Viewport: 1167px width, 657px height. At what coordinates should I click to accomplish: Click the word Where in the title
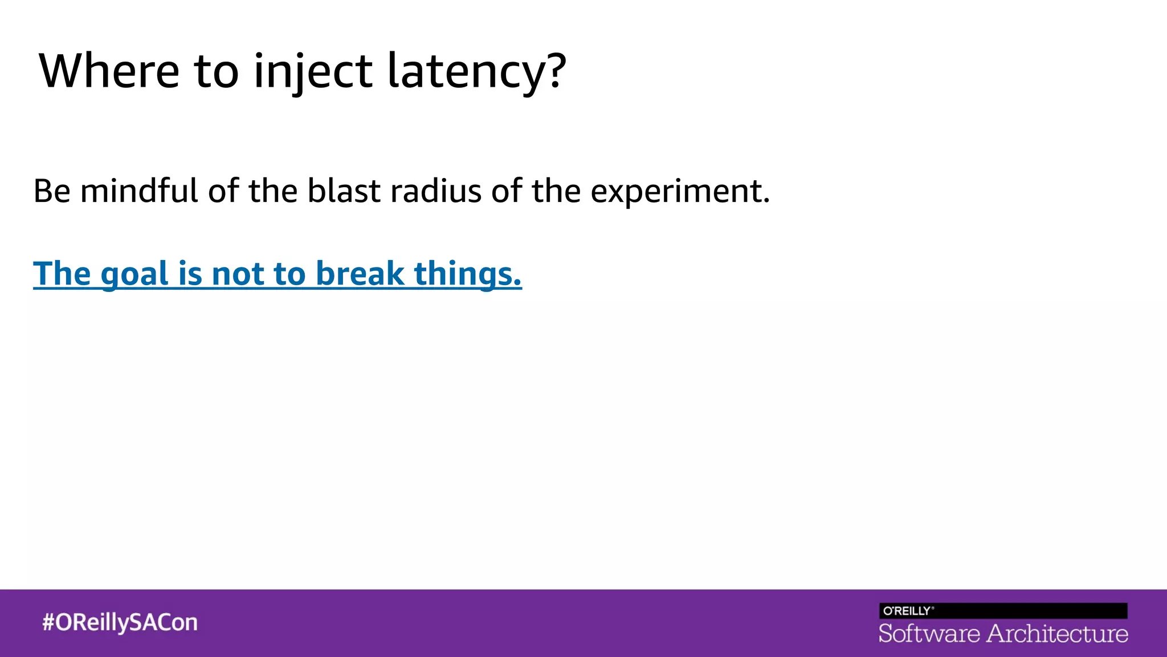pyautogui.click(x=109, y=71)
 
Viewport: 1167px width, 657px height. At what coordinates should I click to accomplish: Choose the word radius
pyautogui.click(x=436, y=190)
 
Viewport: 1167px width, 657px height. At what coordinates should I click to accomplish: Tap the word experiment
pyautogui.click(x=679, y=192)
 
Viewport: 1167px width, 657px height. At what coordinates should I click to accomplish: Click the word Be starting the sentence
pyautogui.click(x=52, y=190)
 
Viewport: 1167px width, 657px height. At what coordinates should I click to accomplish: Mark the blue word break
pyautogui.click(x=360, y=274)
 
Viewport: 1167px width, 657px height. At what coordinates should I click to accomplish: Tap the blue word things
pyautogui.click(x=467, y=274)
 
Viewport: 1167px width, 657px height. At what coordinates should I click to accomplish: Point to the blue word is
pyautogui.click(x=190, y=274)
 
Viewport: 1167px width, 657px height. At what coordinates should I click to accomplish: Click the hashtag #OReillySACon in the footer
pyautogui.click(x=120, y=622)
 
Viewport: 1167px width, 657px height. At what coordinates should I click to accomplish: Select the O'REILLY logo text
pyautogui.click(x=907, y=611)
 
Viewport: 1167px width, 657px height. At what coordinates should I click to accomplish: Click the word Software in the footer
pyautogui.click(x=929, y=634)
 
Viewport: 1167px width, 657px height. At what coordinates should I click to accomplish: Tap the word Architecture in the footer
pyautogui.click(x=1057, y=634)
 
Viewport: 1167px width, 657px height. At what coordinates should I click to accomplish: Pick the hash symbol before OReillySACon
pyautogui.click(x=48, y=622)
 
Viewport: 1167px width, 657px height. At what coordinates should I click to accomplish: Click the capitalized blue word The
pyautogui.click(x=62, y=274)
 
